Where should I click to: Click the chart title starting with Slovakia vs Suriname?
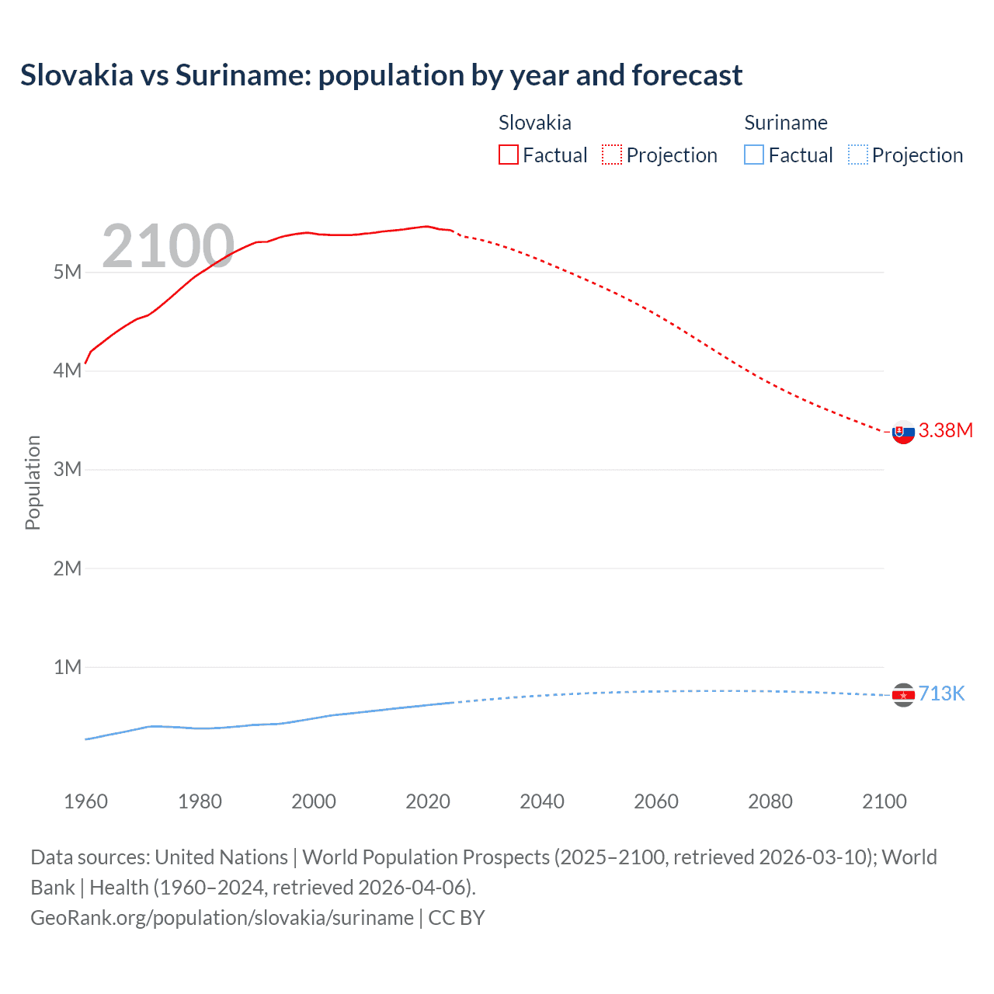(x=381, y=75)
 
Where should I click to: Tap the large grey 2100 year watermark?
(x=168, y=246)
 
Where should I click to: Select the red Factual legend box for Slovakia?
(x=508, y=155)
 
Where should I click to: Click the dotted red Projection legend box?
(x=612, y=155)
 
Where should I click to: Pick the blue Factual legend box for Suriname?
(x=753, y=155)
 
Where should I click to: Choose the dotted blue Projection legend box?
(x=857, y=155)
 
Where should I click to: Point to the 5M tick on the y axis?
(x=68, y=272)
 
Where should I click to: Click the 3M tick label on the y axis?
(x=68, y=469)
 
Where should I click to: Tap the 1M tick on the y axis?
(x=68, y=667)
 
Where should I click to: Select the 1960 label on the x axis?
(x=85, y=801)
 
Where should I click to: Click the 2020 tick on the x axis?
(x=428, y=801)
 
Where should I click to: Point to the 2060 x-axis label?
(x=656, y=801)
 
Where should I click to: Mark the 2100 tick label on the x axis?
(x=884, y=801)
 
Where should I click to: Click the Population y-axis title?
(x=33, y=482)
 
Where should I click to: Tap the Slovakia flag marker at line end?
(x=903, y=432)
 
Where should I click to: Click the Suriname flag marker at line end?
(x=903, y=694)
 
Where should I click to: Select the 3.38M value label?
(x=945, y=430)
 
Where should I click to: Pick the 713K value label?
(x=941, y=693)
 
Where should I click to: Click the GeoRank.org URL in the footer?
(x=222, y=918)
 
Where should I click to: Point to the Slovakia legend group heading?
(x=534, y=123)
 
